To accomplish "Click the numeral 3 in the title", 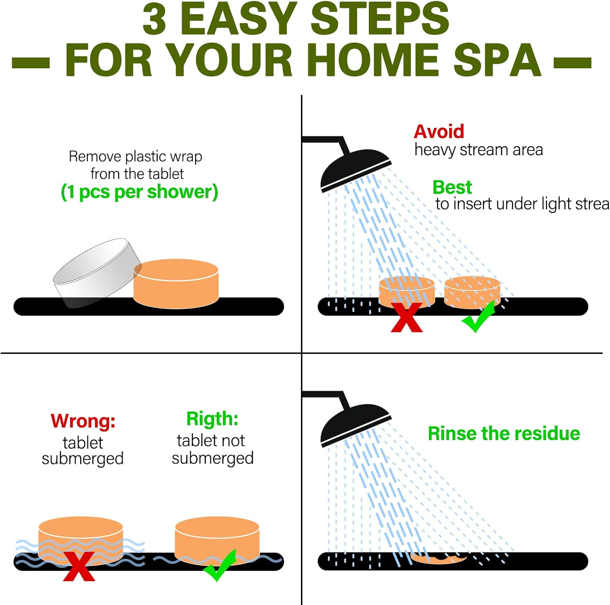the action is click(x=154, y=19).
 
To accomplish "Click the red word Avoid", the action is click(x=439, y=131).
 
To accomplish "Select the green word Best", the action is click(x=452, y=187).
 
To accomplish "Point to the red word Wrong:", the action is click(x=83, y=421).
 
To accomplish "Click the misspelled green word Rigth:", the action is click(x=212, y=419).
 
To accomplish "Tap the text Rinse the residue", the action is click(x=504, y=434).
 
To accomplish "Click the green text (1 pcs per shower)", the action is click(x=139, y=192).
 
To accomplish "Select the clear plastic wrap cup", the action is click(x=97, y=272).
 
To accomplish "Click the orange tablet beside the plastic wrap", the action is click(x=176, y=284).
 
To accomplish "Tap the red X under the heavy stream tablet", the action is click(x=406, y=317).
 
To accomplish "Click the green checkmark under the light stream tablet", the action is click(x=479, y=317).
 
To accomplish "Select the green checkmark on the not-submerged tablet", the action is click(x=220, y=565).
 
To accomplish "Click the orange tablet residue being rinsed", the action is click(x=438, y=558).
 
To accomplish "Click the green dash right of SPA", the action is click(x=573, y=63).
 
